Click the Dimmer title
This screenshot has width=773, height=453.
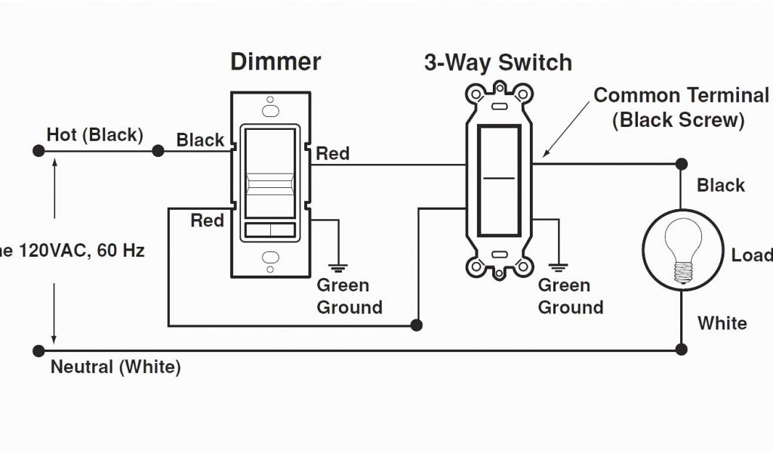click(276, 62)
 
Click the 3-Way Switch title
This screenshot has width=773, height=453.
click(497, 63)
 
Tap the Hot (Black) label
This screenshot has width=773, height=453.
click(94, 135)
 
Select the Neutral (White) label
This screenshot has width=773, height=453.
click(115, 368)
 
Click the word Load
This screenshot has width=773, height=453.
click(751, 255)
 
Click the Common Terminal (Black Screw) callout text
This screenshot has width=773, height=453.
click(680, 107)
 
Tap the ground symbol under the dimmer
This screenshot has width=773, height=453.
click(337, 265)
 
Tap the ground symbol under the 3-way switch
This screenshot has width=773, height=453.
click(559, 265)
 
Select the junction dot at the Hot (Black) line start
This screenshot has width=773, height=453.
click(38, 151)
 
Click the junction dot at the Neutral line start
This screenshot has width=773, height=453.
click(38, 350)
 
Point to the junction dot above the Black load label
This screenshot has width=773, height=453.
click(681, 163)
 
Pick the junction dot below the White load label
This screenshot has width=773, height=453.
click(681, 349)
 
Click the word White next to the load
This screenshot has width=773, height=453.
click(722, 323)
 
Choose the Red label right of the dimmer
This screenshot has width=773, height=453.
click(332, 154)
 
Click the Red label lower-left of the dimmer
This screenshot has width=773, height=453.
click(207, 220)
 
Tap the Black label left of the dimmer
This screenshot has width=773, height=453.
click(200, 140)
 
